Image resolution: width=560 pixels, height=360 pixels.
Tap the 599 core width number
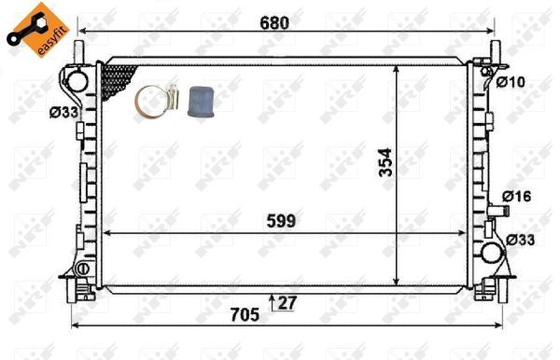coord(279,221)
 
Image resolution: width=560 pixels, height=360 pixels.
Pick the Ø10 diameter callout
coord(511,82)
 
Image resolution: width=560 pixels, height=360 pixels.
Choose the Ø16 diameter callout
coord(516,197)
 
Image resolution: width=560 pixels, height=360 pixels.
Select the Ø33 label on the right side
coord(521,240)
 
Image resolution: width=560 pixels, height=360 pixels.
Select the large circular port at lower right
coord(490,249)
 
